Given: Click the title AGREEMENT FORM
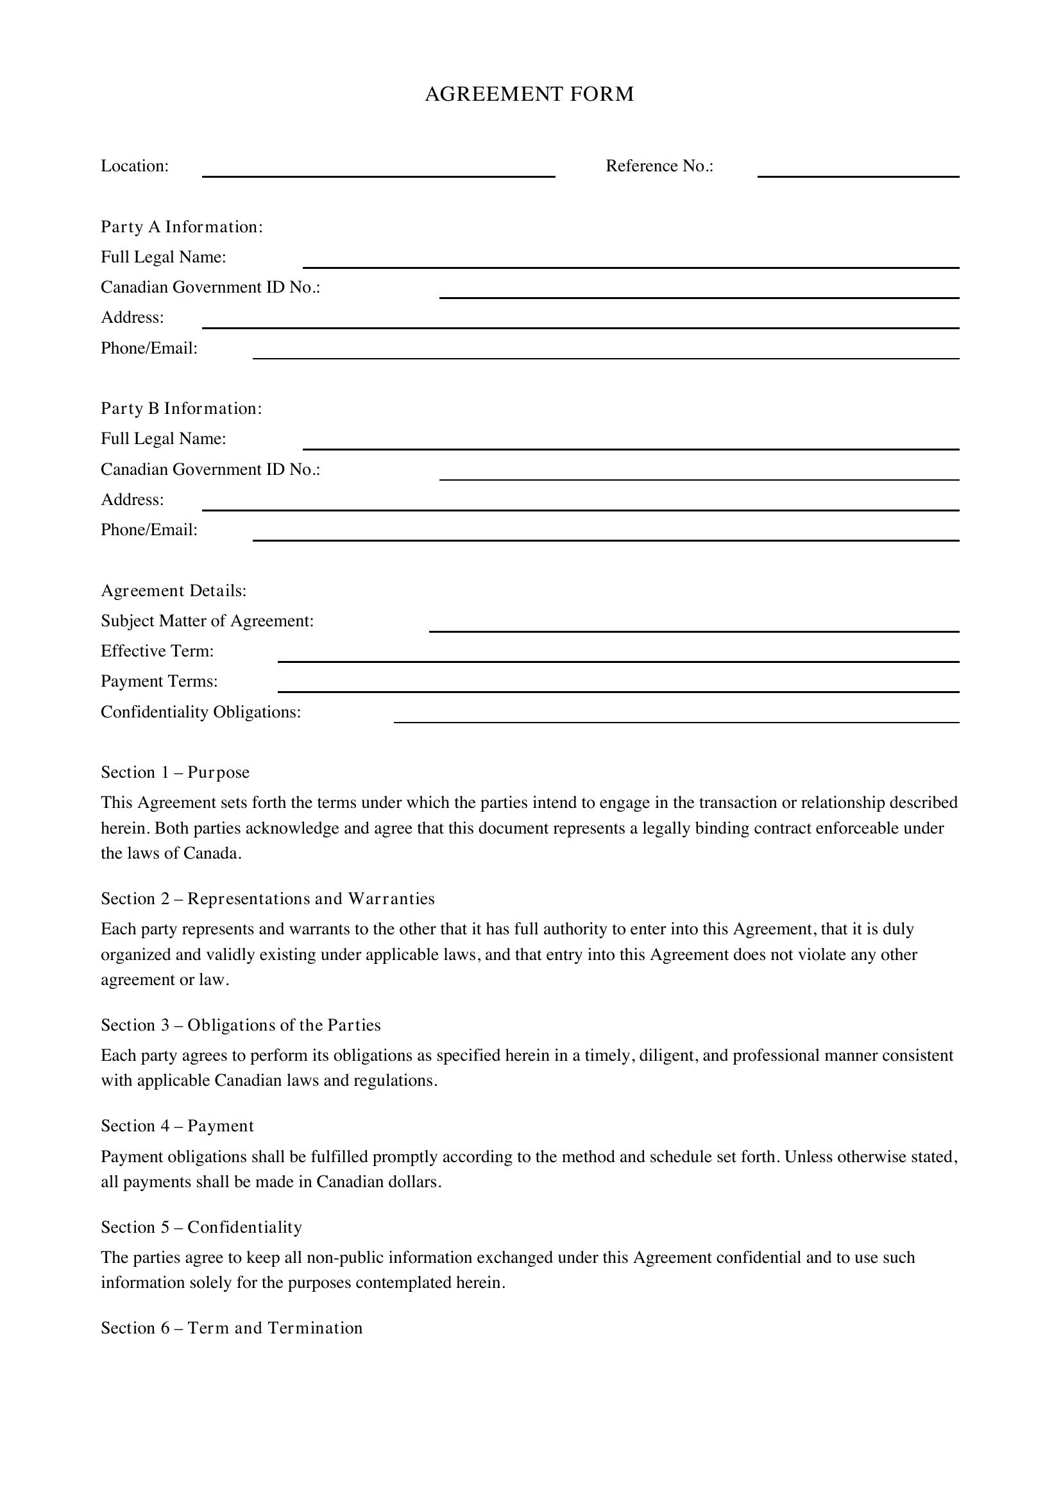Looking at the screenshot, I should tap(529, 94).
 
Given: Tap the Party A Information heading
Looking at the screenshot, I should tap(182, 227).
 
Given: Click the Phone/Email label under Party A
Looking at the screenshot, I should tap(149, 348).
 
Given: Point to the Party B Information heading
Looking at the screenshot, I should tap(181, 409).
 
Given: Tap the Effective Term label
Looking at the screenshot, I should tap(157, 651).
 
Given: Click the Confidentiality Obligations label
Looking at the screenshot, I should tap(201, 712).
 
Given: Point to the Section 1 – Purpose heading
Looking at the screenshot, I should tap(175, 773).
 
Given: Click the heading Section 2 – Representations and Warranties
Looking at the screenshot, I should tap(268, 899).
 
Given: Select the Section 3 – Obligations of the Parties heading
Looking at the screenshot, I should tap(241, 1025).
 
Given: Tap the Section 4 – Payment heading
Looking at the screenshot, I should tap(177, 1126).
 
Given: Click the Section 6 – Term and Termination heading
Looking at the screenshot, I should tap(232, 1328).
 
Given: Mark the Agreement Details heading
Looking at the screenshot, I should tap(174, 591).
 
